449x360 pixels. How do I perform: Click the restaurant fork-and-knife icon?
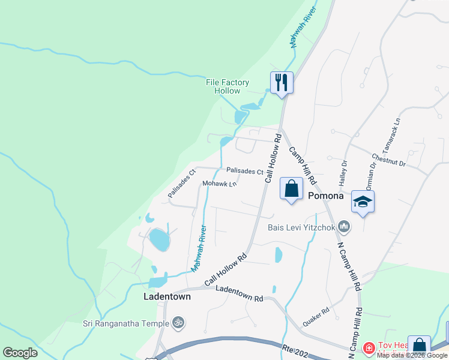point(282,82)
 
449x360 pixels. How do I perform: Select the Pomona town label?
point(325,196)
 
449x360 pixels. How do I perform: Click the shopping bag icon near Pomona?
point(291,189)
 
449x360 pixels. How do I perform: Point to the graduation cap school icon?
point(363,201)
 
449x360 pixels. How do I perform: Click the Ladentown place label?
point(167,296)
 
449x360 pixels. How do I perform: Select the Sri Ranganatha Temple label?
point(125,323)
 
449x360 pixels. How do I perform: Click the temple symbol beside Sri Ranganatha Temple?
point(177,323)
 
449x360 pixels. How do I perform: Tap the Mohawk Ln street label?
point(220,184)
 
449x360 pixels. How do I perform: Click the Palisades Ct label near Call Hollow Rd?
point(245,172)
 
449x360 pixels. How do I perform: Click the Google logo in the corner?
point(20,353)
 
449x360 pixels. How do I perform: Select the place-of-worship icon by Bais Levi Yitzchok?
point(344,226)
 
